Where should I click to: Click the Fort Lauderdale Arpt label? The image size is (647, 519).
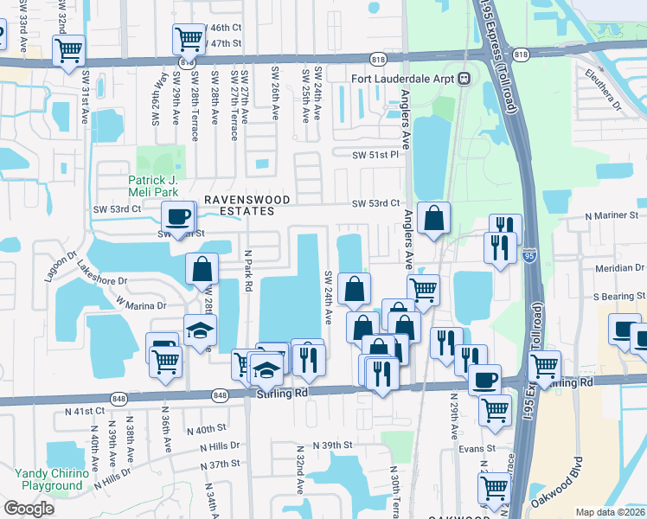tap(403, 79)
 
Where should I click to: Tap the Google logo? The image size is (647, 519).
tap(29, 508)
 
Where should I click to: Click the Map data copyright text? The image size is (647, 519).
tap(611, 512)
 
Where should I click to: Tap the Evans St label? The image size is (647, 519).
tap(477, 449)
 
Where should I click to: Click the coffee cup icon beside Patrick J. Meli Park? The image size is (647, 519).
tap(178, 216)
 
